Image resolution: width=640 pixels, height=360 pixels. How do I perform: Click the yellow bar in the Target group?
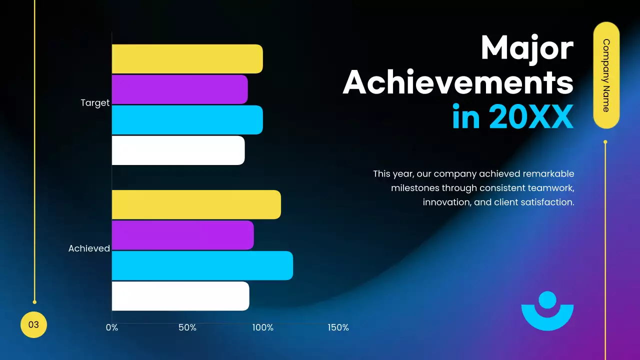pos(187,59)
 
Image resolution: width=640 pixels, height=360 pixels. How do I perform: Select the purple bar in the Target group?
pos(179,89)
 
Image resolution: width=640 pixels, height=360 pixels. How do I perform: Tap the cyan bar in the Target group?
pos(187,120)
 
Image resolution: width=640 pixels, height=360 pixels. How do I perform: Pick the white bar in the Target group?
pos(178,150)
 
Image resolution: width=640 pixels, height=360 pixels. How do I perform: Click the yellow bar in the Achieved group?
pos(196,204)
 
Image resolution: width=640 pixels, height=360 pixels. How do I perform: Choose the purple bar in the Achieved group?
pos(182,235)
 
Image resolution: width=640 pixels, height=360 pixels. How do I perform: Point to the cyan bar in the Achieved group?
pos(202,265)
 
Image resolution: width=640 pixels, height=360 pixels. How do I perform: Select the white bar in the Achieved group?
pos(180,296)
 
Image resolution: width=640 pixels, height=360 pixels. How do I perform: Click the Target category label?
pos(95,103)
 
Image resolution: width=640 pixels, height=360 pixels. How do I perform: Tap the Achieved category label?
pos(89,248)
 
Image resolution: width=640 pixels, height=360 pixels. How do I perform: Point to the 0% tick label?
pos(112,328)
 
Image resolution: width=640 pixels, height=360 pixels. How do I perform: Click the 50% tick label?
pos(187,328)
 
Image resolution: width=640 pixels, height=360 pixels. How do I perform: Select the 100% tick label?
pos(262,328)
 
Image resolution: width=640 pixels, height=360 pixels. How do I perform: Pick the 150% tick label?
pos(338,328)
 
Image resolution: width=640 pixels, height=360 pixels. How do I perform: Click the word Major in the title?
pos(527,48)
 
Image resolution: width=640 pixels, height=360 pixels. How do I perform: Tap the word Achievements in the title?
pos(458,82)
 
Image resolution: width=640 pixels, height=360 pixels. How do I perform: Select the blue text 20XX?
pos(531,117)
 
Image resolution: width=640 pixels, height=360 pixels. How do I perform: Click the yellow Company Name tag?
pos(606,75)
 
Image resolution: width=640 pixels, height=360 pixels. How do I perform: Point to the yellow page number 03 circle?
pos(33,324)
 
